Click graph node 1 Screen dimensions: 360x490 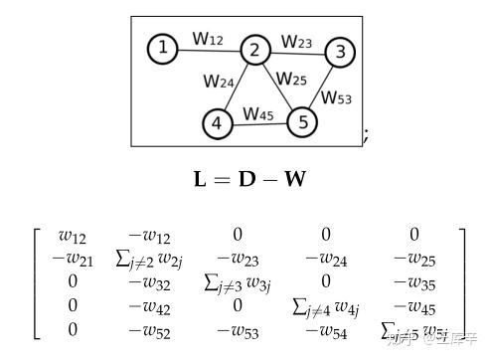[x=163, y=48]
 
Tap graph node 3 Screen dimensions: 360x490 [x=340, y=52]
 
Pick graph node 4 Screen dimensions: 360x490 [x=217, y=124]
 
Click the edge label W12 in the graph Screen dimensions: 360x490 [x=208, y=39]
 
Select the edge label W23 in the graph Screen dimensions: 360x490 [x=296, y=42]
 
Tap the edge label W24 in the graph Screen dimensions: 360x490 [x=219, y=82]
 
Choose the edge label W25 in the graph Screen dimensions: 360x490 [x=291, y=80]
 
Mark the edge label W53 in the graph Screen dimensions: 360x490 [x=338, y=97]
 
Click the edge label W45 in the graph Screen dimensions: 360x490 [x=258, y=114]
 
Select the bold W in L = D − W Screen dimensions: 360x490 [x=294, y=180]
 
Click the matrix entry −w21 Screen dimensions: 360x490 [x=72, y=260]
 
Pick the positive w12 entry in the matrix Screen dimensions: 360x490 [x=72, y=237]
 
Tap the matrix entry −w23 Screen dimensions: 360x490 [x=238, y=260]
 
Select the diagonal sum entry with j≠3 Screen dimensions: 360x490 [x=238, y=283]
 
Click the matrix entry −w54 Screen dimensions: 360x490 [x=326, y=330]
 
